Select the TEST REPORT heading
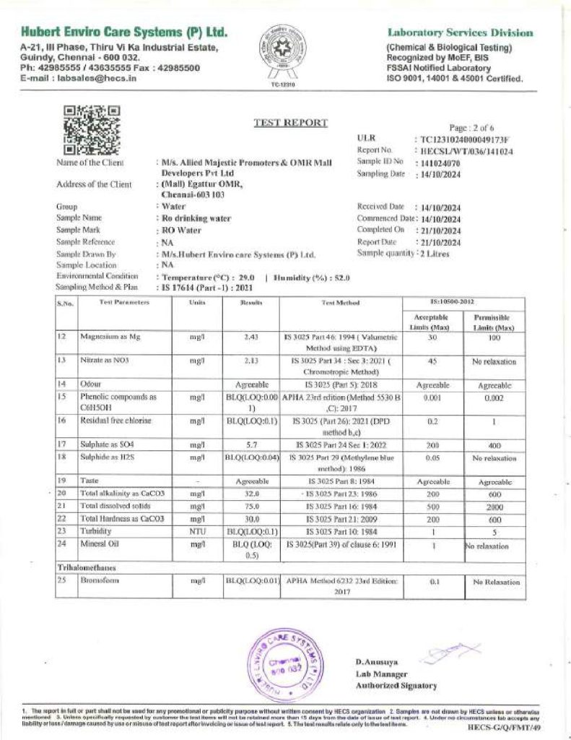click(291, 123)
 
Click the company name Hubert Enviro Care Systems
click(124, 33)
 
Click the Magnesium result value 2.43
click(252, 337)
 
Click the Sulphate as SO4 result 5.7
click(252, 444)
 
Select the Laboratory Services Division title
click(461, 33)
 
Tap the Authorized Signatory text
click(396, 685)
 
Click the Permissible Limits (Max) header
click(494, 323)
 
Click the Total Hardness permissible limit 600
click(494, 518)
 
